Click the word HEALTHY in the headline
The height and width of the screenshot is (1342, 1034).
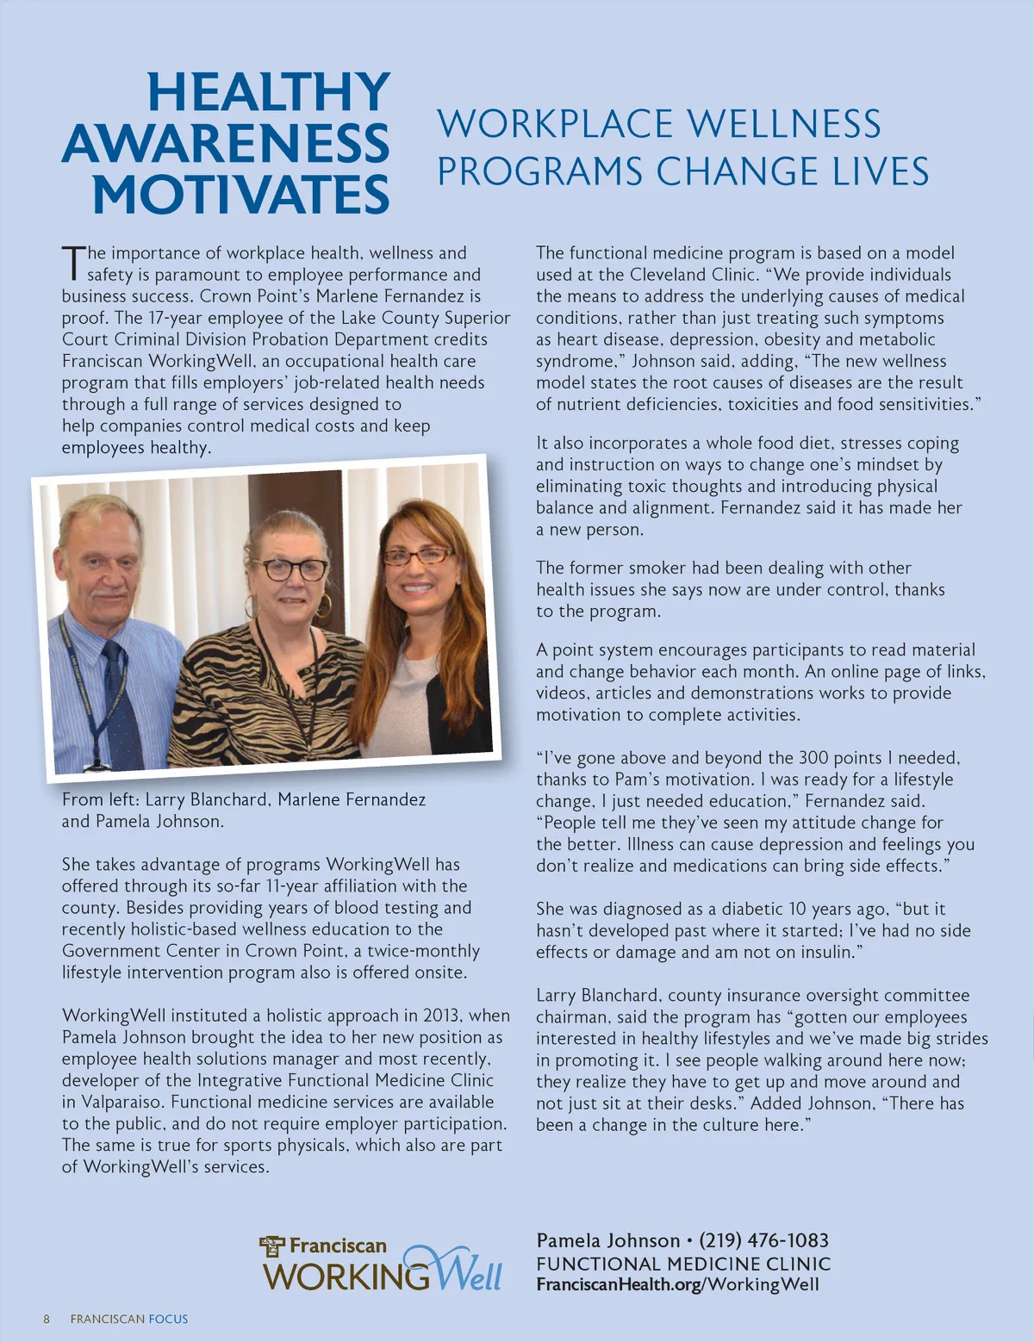coord(269,92)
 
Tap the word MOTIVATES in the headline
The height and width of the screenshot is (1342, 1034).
coord(241,195)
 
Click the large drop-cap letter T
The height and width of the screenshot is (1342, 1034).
coord(74,264)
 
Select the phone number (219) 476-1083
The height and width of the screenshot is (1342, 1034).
coord(763,1240)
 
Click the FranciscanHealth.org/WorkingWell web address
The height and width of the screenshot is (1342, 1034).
coord(677,1284)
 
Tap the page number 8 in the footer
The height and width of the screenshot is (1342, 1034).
coord(47,1319)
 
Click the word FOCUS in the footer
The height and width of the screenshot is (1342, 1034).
coord(168,1319)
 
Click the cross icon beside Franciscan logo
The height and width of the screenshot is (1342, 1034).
coord(272,1246)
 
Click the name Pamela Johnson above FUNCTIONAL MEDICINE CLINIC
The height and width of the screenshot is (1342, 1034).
coord(608,1240)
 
